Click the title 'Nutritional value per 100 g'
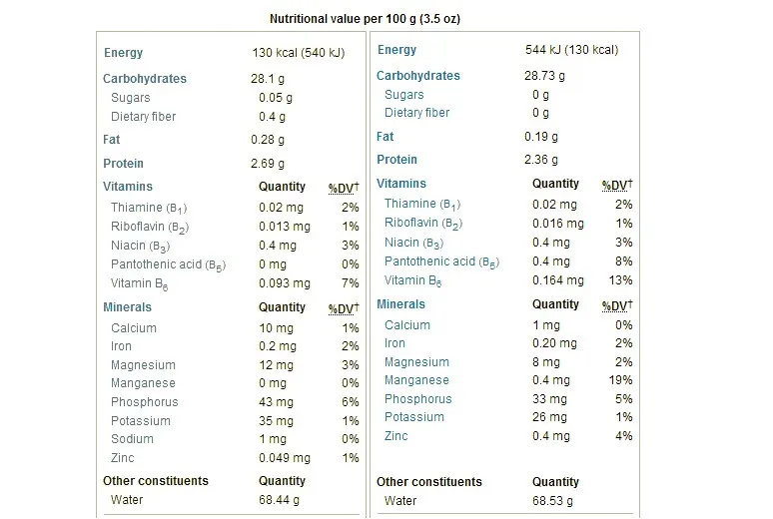366,19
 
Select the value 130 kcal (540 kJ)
299,53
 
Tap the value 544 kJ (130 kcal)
571,50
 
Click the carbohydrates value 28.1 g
269,79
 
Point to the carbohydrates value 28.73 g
545,76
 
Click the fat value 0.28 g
268,140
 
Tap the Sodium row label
132,439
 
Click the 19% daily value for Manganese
622,380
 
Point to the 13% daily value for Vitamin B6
622,280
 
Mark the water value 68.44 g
275,500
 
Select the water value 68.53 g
548,500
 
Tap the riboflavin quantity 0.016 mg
554,224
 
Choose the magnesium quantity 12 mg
274,365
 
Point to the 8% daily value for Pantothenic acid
625,261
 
